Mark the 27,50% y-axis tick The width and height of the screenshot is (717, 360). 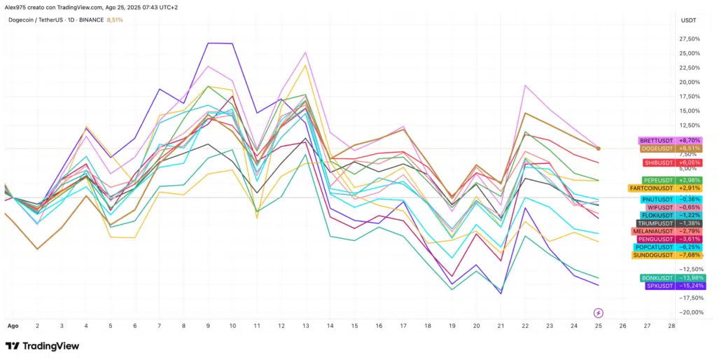(690, 39)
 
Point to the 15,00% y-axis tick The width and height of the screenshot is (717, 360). (690, 111)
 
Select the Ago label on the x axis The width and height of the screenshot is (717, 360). (13, 326)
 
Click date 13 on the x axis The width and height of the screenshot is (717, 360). (305, 326)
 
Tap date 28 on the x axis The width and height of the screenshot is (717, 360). (671, 326)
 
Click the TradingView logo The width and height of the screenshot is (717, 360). (42, 346)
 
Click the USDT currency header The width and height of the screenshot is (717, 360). (688, 20)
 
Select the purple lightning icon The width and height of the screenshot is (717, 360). (598, 313)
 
